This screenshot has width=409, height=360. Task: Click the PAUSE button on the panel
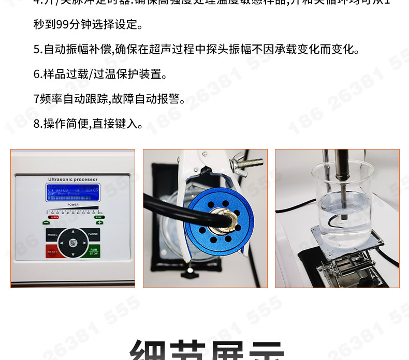(93, 234)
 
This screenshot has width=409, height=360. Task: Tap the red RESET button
(52, 252)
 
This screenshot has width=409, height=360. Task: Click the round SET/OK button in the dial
(72, 242)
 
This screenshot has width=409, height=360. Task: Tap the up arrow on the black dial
(72, 231)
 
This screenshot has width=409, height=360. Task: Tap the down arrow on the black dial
(72, 253)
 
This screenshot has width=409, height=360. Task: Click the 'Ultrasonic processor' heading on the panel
(72, 179)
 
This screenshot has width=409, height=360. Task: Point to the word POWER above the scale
(73, 204)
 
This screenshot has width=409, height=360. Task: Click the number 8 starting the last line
(36, 124)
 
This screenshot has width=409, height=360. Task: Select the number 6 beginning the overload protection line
(36, 74)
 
